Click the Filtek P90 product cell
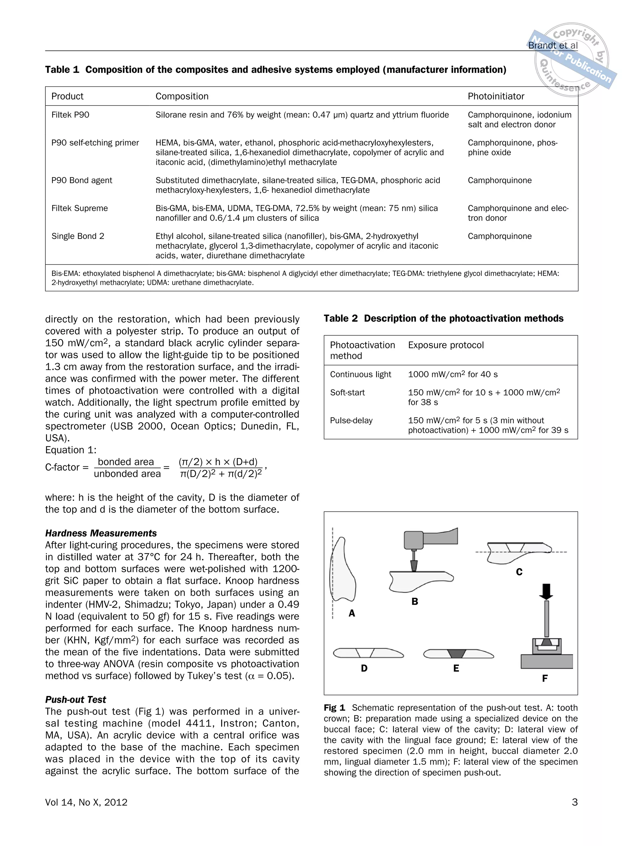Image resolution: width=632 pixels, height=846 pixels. point(70,115)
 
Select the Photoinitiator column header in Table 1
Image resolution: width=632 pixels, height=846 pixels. point(496,96)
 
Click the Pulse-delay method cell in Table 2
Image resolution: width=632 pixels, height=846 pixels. point(351,420)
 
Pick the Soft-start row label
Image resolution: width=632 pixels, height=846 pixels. point(347,392)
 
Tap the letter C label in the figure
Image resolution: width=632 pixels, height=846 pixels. point(519,572)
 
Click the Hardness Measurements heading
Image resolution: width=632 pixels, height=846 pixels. point(101,533)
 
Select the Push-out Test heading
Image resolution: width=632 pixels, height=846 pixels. point(75,699)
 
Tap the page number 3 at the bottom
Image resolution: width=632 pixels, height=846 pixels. point(574,802)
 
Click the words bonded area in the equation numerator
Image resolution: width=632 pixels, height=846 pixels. point(126,462)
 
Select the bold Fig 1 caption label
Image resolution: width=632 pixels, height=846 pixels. point(334,708)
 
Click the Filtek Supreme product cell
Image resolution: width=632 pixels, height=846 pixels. point(80,208)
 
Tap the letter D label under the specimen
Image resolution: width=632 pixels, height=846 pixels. point(364,668)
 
